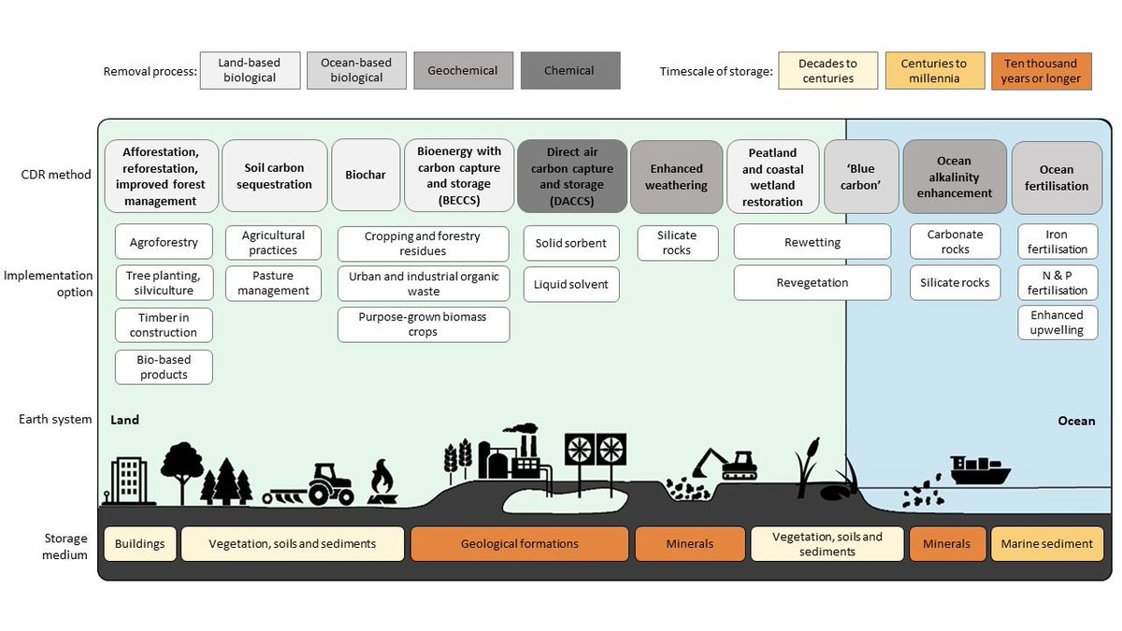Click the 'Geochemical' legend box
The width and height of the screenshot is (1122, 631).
click(x=463, y=70)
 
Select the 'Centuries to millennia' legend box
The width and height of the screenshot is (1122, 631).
click(x=933, y=70)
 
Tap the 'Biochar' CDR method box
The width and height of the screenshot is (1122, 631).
click(x=364, y=176)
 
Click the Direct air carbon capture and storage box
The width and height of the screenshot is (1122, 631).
click(x=572, y=176)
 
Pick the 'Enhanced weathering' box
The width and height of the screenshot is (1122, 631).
click(x=676, y=176)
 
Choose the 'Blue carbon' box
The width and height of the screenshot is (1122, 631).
click(x=861, y=176)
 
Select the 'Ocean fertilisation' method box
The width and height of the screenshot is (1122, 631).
click(x=1056, y=177)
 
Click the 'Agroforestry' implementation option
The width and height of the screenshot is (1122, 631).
click(x=164, y=242)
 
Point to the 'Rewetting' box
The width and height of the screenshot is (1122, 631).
click(x=812, y=242)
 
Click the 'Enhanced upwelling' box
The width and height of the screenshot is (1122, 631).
click(x=1057, y=323)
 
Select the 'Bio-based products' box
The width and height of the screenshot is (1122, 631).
click(x=164, y=366)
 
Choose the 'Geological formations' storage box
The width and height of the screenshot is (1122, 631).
click(x=519, y=543)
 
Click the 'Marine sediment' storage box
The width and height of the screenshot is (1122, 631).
click(x=1046, y=543)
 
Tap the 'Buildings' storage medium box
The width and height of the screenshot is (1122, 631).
click(x=140, y=543)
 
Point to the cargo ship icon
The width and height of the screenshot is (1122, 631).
click(x=979, y=470)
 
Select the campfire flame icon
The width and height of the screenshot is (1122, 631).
click(x=381, y=483)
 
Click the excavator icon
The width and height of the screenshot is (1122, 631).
click(x=725, y=463)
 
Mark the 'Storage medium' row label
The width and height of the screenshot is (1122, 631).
click(x=65, y=547)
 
